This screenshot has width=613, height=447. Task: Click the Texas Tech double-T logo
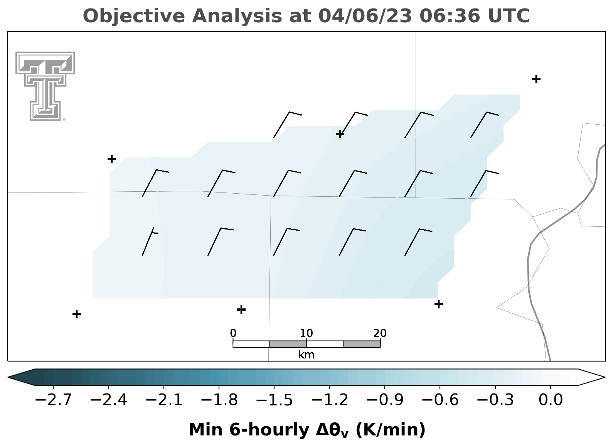point(45,86)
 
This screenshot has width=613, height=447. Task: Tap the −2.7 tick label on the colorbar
point(53,400)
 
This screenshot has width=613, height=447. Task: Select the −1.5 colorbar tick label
point(274,400)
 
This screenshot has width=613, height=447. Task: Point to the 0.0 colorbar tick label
point(551,400)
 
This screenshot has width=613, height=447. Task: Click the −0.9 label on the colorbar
point(385,400)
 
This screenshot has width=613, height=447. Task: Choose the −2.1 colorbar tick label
point(164,400)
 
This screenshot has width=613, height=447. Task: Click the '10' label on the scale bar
point(306,333)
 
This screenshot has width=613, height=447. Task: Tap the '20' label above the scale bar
point(380,333)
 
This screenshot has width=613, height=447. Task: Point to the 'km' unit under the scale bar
point(306,355)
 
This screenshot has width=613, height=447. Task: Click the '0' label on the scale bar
point(233,333)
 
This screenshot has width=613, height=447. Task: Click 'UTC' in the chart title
point(509,16)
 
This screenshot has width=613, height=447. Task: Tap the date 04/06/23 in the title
point(365,16)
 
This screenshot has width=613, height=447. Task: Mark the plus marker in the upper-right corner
point(536,79)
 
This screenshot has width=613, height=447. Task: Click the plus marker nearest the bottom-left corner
point(77,314)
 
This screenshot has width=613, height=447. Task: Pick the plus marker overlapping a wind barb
point(340,134)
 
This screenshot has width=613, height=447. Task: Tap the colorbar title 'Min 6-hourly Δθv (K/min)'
point(307,430)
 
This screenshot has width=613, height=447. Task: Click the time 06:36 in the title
point(450,16)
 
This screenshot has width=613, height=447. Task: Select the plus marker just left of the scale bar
point(241,310)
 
